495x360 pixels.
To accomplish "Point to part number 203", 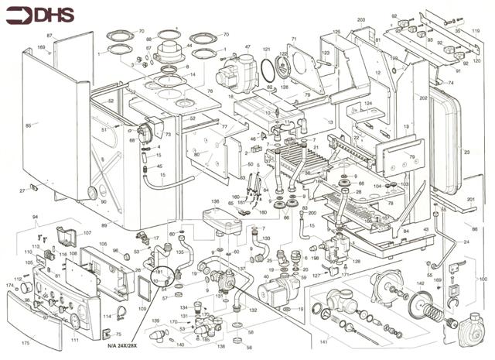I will pos(360,19).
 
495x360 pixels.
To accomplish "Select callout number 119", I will pos(476,32).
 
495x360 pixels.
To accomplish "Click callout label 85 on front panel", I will pos(29,125).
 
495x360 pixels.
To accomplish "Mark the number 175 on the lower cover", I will pos(25,342).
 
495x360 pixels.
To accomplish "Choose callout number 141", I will pos(324,341).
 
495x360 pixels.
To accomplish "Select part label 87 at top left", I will pos(49,36).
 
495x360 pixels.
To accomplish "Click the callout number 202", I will pos(423,98).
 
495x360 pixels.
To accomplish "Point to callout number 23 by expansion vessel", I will pos(466,153).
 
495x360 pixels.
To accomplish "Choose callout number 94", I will pos(34,218).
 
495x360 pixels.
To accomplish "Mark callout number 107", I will pos(87,233).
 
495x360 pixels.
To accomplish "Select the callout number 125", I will pos(336,32).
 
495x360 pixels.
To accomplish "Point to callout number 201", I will pos(470,200).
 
